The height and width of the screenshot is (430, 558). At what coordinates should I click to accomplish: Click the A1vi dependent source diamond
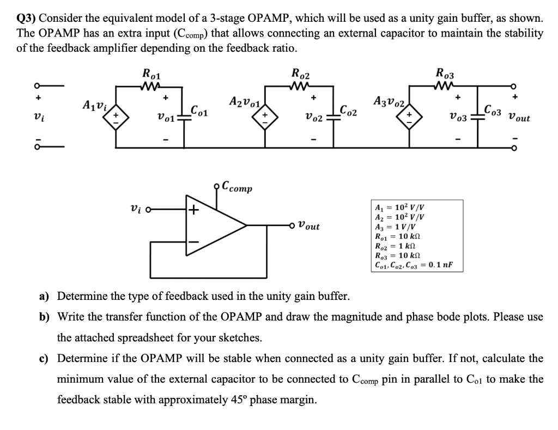[115, 117]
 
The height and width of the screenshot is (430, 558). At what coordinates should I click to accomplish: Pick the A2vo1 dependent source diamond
[264, 117]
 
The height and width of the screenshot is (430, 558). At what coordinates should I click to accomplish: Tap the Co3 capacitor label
[494, 112]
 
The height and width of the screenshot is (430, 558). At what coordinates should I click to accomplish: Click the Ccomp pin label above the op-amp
[235, 188]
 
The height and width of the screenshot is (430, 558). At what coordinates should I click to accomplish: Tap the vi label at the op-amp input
[137, 209]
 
